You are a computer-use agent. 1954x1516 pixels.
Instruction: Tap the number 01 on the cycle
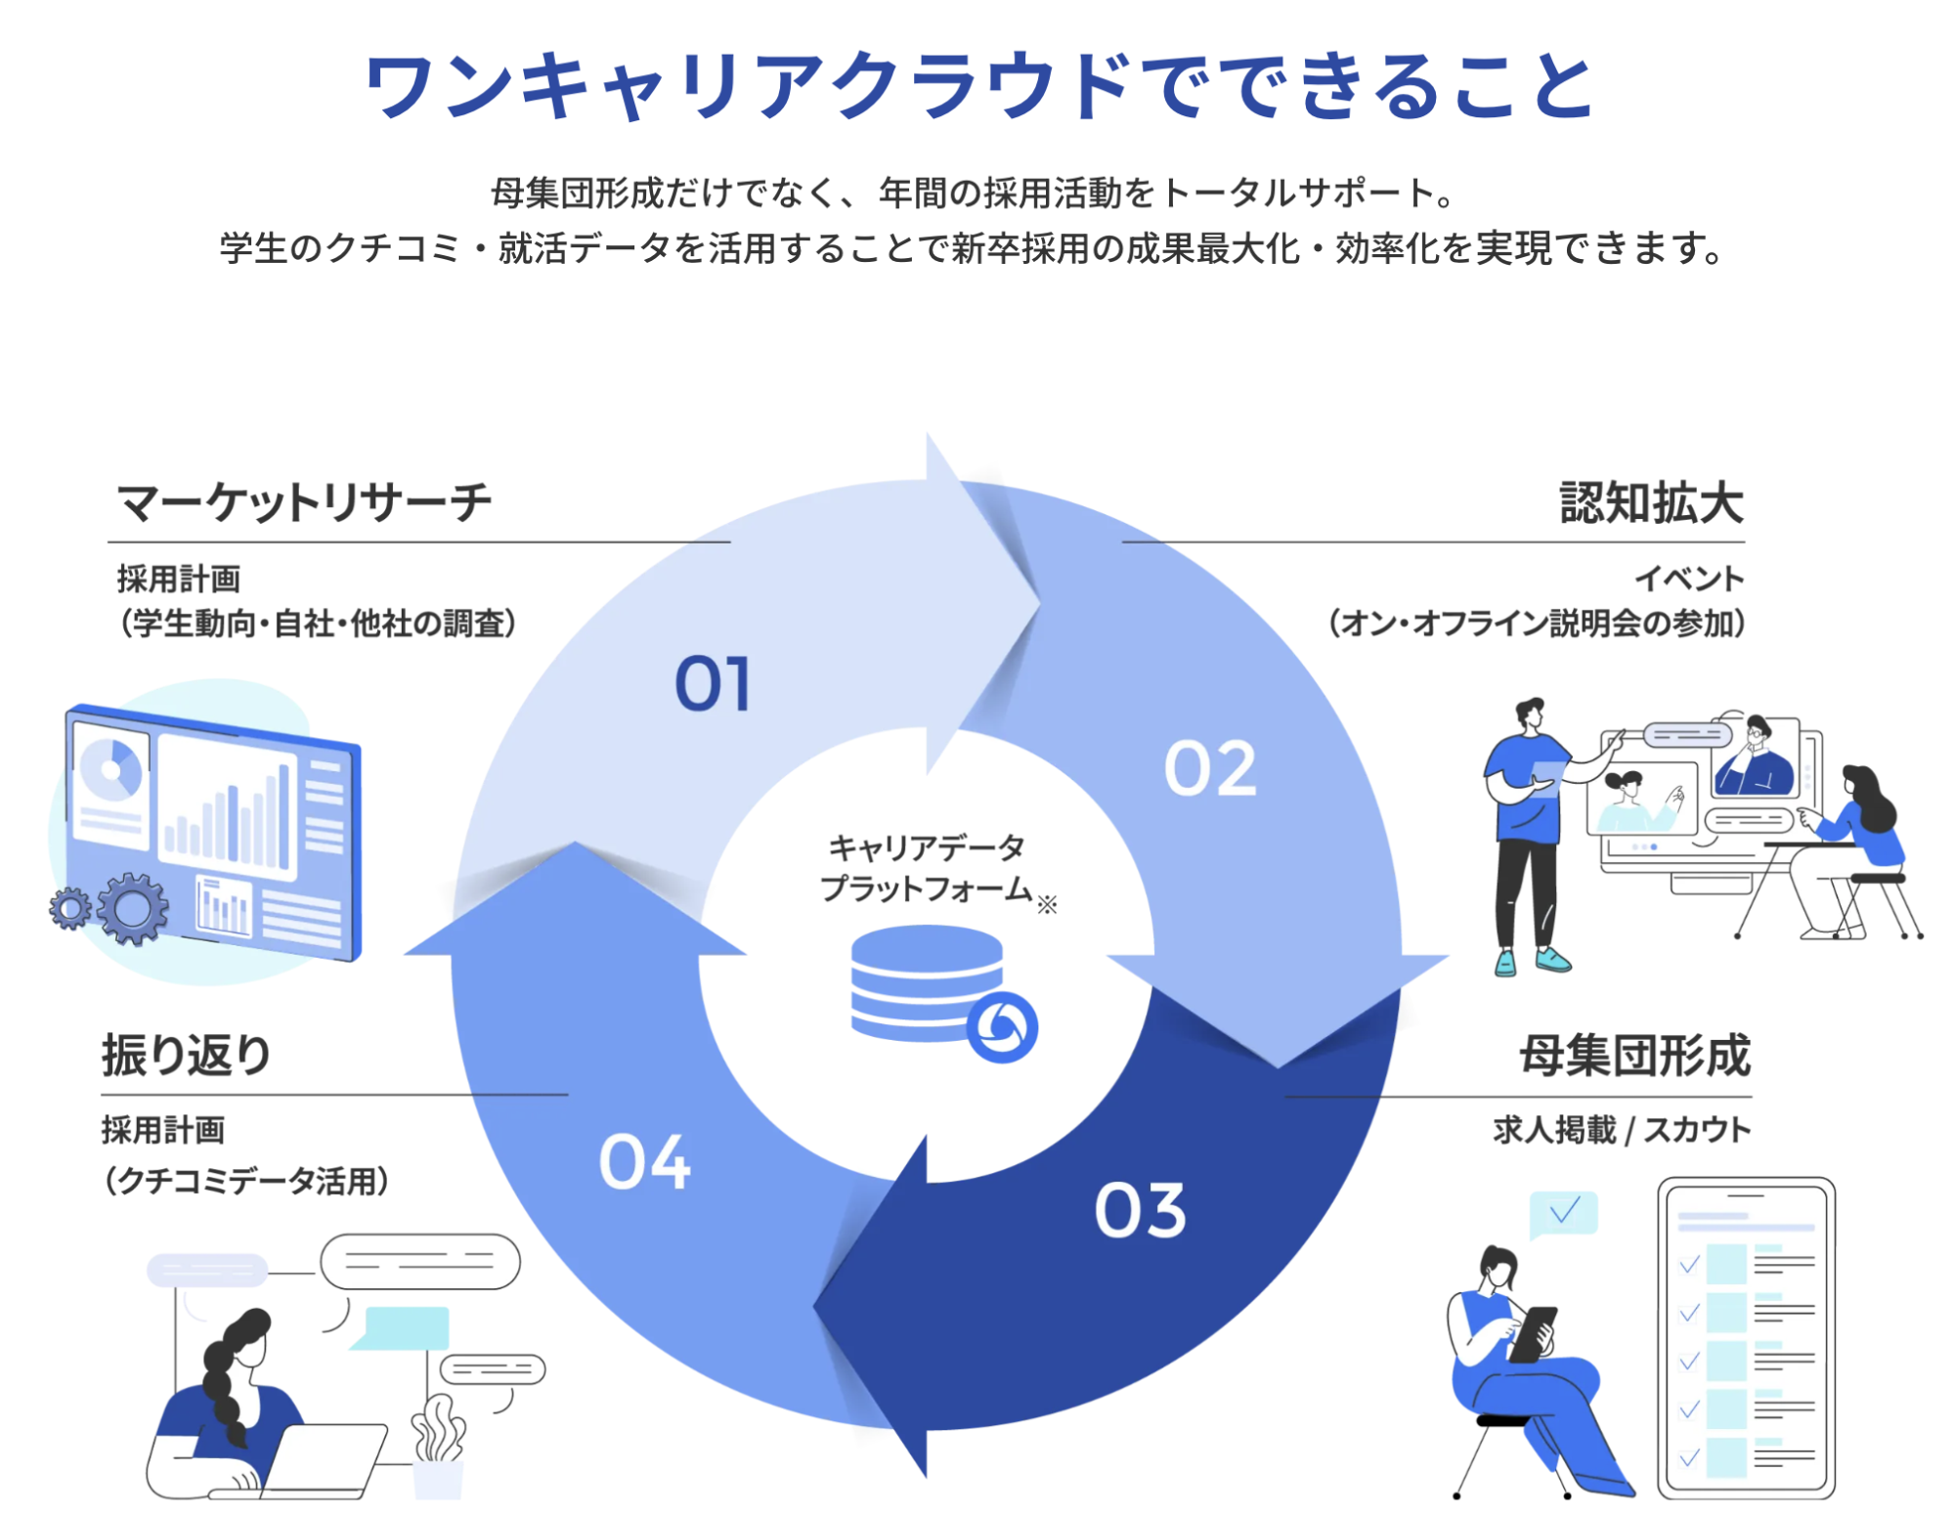click(x=713, y=683)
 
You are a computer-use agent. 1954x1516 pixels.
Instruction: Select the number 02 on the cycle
click(x=1210, y=768)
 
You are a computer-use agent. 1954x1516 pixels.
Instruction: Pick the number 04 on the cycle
click(x=644, y=1162)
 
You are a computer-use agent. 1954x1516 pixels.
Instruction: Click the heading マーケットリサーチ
click(x=304, y=503)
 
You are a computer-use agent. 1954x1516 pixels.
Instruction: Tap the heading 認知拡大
click(x=1651, y=503)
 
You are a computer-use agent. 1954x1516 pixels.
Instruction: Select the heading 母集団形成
click(x=1634, y=1056)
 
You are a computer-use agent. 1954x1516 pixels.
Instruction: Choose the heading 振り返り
click(x=187, y=1056)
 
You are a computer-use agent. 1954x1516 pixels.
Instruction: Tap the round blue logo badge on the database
click(x=1001, y=1026)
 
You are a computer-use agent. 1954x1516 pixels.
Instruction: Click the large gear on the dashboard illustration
click(x=132, y=908)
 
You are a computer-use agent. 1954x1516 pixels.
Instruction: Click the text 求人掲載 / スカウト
click(x=1621, y=1130)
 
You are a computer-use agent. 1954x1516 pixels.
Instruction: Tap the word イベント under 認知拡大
click(x=1690, y=579)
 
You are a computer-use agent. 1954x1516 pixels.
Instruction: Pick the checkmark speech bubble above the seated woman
click(x=1563, y=1213)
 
